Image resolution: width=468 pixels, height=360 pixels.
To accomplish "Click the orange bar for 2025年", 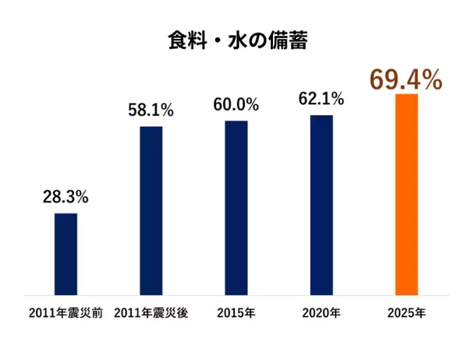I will pyautogui.click(x=407, y=195).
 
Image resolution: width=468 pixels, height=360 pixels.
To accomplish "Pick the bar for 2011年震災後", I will pyautogui.click(x=151, y=210).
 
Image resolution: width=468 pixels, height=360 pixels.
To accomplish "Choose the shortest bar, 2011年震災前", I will pyautogui.click(x=66, y=254).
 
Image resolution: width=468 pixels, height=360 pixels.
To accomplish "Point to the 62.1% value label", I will pyautogui.click(x=321, y=100).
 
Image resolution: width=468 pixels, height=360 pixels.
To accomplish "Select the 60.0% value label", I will pyautogui.click(x=236, y=105).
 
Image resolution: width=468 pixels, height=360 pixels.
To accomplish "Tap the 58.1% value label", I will pyautogui.click(x=151, y=110).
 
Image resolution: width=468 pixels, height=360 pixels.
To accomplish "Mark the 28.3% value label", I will pyautogui.click(x=66, y=197).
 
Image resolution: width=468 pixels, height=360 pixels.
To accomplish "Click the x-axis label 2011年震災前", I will pyautogui.click(x=66, y=314).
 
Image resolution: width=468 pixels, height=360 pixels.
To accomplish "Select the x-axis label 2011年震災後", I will pyautogui.click(x=151, y=314).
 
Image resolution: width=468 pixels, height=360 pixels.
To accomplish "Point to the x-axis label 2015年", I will pyautogui.click(x=236, y=314).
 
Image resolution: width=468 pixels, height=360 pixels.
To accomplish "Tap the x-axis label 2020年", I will pyautogui.click(x=321, y=314).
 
